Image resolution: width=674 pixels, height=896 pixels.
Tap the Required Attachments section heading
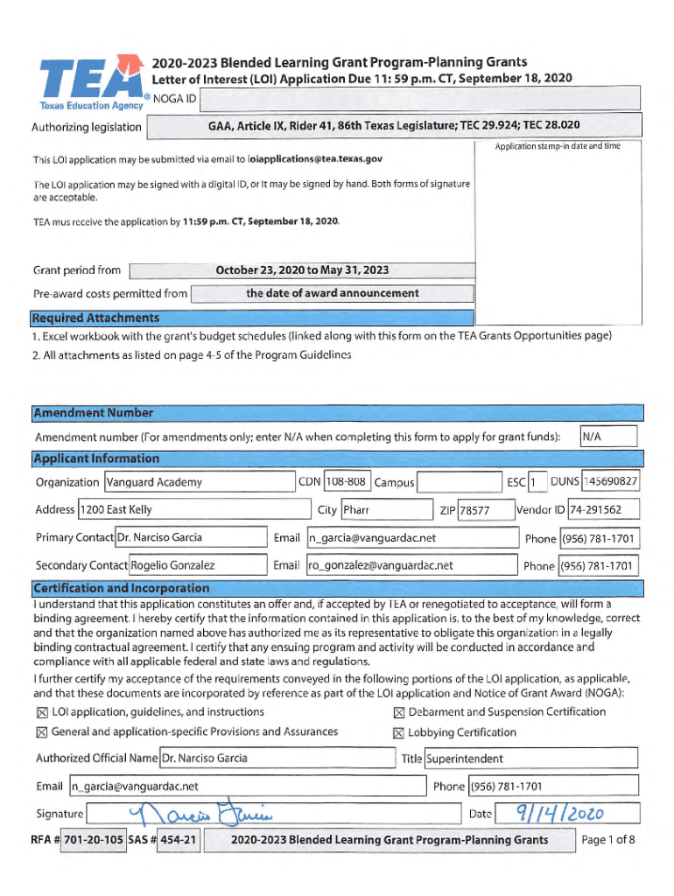click(96, 318)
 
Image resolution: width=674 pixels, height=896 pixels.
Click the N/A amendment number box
click(609, 437)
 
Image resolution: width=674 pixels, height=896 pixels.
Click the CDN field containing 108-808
click(346, 482)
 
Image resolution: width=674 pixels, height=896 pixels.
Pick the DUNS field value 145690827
click(610, 481)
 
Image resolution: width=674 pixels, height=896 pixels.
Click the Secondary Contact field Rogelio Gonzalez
click(198, 565)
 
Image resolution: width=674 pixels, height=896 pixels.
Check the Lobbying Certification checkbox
click(399, 733)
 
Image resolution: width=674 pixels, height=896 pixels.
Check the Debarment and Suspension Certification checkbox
click(399, 712)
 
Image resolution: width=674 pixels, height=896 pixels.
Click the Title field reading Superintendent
click(530, 759)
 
